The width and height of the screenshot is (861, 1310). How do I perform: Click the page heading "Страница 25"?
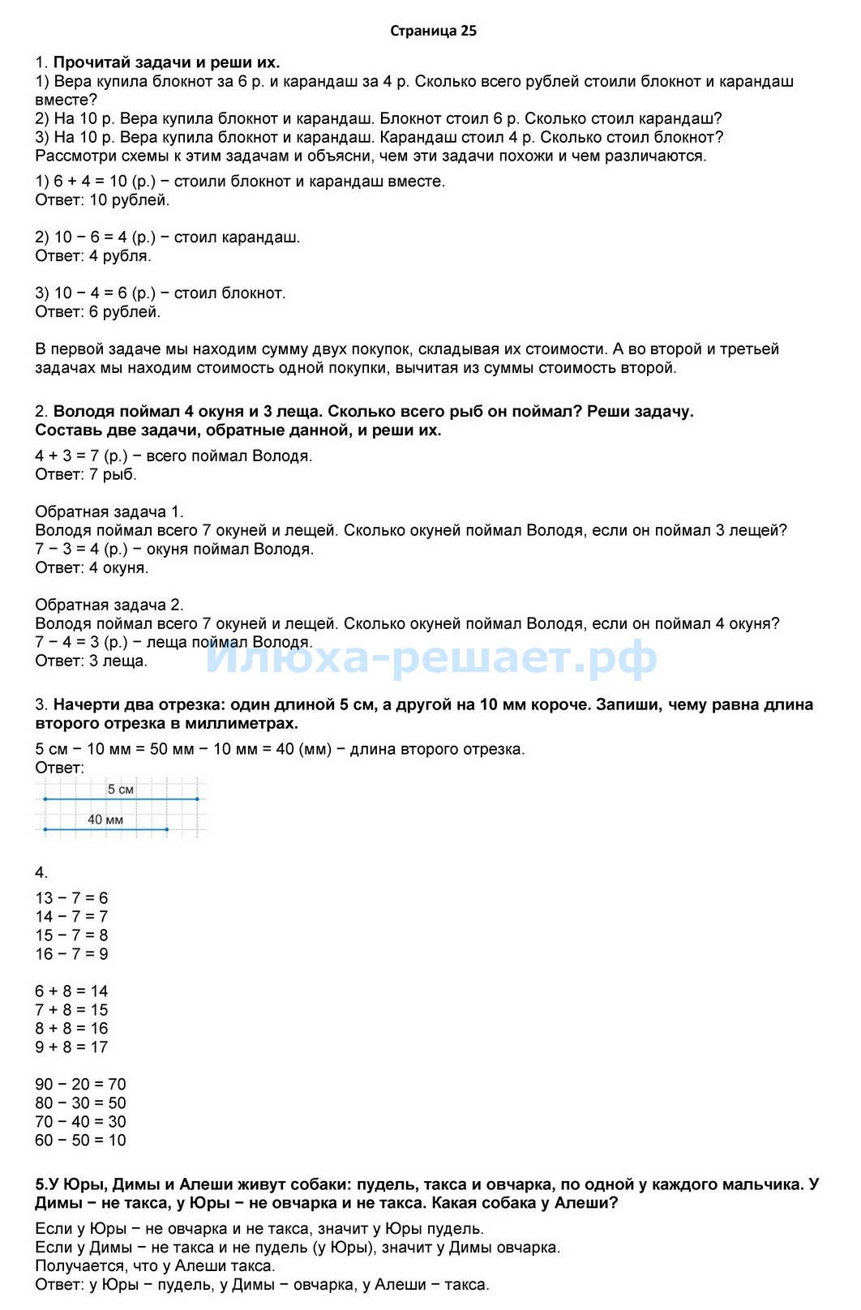434,32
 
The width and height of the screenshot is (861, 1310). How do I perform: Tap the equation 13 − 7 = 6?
71,898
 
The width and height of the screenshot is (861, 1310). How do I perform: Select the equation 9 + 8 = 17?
71,1047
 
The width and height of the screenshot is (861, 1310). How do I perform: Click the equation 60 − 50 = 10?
81,1141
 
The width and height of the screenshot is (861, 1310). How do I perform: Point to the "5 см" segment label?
121,789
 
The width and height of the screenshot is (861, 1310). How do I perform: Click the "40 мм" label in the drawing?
105,820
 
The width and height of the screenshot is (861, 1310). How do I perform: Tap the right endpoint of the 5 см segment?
197,799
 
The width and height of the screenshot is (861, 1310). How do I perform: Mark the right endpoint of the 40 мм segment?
166,829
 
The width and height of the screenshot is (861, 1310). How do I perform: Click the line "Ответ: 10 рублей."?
103,200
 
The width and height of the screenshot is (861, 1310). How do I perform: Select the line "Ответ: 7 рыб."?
86,474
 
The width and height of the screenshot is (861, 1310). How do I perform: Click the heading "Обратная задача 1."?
109,512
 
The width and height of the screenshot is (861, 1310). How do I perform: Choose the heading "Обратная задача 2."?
109,605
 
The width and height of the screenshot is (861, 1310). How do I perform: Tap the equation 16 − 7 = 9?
71,954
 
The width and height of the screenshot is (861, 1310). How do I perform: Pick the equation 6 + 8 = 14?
71,991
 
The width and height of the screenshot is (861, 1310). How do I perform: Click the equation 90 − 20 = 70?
81,1085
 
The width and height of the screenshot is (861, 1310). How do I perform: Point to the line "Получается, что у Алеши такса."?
156,1265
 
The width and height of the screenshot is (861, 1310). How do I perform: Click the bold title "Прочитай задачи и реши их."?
167,62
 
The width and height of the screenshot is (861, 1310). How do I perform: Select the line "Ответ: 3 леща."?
92,661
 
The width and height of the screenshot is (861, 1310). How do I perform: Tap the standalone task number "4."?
41,873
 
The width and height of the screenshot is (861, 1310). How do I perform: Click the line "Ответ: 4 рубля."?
93,256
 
